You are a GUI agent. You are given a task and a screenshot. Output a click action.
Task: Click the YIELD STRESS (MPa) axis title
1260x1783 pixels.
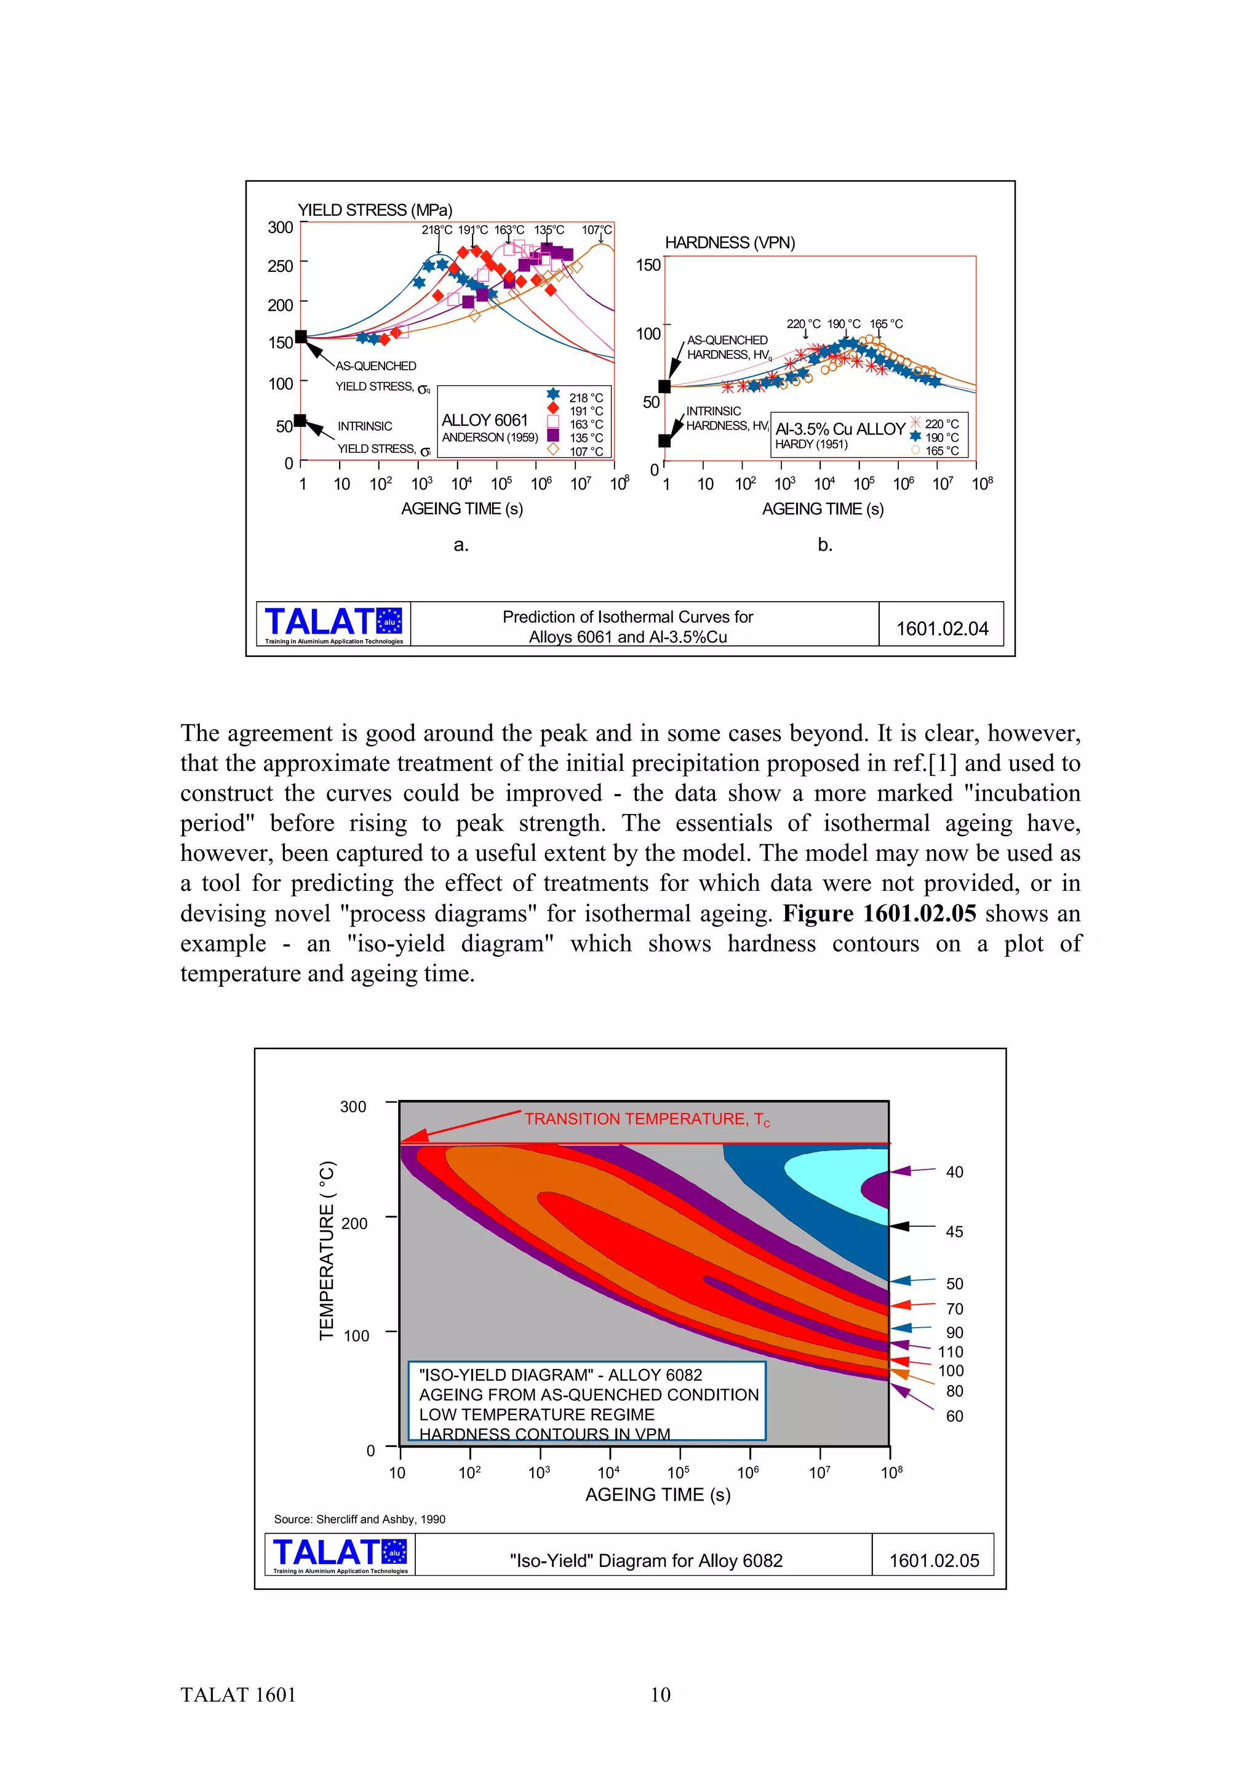pos(375,210)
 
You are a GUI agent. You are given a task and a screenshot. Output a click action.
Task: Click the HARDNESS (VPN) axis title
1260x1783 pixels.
pos(730,242)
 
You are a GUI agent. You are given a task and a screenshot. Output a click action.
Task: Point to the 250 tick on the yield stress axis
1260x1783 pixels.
pos(281,266)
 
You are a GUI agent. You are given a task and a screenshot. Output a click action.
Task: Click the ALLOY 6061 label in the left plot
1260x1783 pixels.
pos(484,420)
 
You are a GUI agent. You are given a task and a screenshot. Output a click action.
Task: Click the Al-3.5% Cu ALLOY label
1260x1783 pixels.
pos(840,429)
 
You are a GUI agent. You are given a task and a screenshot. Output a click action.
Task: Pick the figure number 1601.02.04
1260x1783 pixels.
pos(942,628)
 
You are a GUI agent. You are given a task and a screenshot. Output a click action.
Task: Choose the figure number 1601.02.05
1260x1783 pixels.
pos(934,1560)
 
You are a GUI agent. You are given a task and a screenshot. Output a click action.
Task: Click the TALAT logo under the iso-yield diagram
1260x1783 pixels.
pos(339,1555)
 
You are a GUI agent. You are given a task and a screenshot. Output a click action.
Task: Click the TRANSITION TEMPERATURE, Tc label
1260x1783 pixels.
pos(647,1119)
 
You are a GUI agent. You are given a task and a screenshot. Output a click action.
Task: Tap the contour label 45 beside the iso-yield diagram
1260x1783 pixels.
pos(954,1232)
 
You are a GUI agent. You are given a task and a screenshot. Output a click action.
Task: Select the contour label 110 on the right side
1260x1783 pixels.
pos(951,1352)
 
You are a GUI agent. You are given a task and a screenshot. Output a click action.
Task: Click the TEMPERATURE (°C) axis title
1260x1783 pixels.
pos(327,1251)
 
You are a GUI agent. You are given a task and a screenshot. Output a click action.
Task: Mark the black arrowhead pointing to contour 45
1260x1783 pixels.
pos(899,1226)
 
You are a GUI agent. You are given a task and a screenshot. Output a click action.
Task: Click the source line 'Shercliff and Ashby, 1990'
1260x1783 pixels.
pos(359,1519)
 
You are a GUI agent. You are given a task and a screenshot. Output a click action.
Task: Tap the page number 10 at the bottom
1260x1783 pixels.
pos(660,1694)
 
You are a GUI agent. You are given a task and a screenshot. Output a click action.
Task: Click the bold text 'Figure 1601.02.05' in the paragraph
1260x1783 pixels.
pos(879,913)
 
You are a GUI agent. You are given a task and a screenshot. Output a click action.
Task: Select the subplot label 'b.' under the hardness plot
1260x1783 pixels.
pos(824,544)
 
